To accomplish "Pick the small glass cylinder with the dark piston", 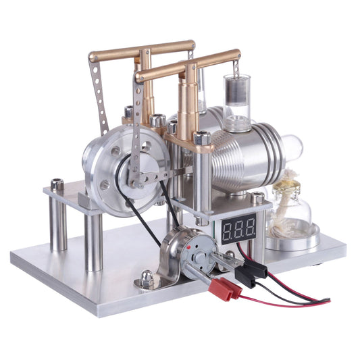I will (x=237, y=101).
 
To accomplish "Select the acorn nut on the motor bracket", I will (x=147, y=276).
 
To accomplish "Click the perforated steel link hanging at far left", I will (x=99, y=95).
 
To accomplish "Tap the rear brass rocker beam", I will (x=141, y=51).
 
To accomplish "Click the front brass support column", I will (x=187, y=108).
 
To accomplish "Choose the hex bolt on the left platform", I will (x=57, y=184).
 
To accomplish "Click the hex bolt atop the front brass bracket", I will (x=201, y=139).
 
